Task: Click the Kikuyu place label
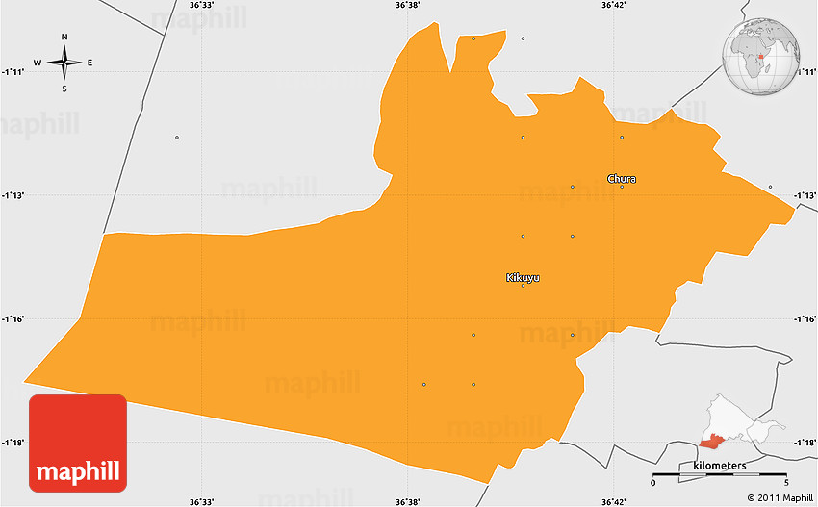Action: [523, 277]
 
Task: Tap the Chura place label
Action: [621, 178]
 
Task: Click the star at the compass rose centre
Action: [64, 63]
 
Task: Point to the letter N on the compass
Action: [64, 38]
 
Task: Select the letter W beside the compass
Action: [38, 63]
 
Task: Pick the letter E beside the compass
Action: [90, 63]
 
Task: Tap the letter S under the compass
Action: [64, 89]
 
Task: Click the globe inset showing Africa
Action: [762, 58]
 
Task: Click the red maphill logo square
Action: [78, 443]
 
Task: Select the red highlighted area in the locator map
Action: [713, 441]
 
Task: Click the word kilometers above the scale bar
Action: [719, 466]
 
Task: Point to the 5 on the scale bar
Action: [786, 482]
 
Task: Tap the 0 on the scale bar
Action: [652, 482]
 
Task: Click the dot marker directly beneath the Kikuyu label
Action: [523, 286]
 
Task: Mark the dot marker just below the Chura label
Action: [622, 187]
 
